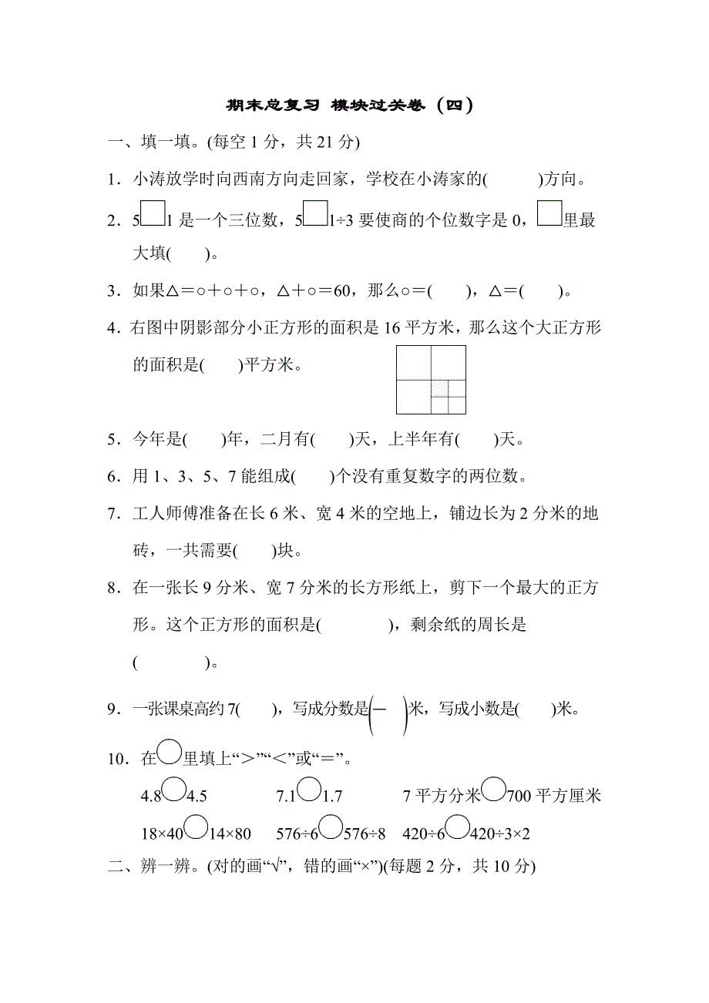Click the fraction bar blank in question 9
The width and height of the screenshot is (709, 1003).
pos(388,709)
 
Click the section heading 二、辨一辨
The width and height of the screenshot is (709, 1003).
pos(160,867)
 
